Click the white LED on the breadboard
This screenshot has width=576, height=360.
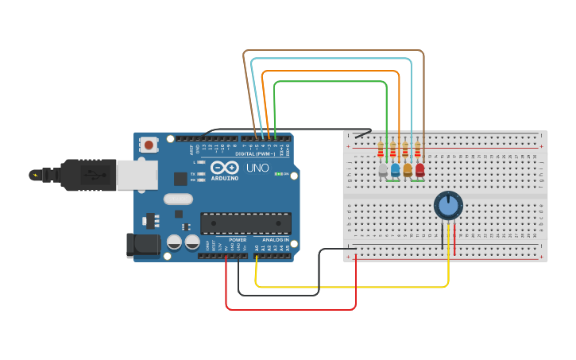[x=383, y=169]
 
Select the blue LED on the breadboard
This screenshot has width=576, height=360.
[x=395, y=169]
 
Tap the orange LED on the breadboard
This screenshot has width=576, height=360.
[x=408, y=169]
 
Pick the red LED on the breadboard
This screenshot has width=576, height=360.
[x=419, y=169]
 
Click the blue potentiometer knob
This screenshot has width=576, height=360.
[x=448, y=205]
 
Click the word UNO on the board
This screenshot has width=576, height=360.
[x=257, y=168]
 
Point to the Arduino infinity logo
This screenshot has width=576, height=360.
[x=225, y=168]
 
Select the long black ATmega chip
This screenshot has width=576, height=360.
[x=245, y=223]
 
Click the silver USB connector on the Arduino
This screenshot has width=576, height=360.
[x=137, y=175]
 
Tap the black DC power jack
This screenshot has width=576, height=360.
[x=143, y=244]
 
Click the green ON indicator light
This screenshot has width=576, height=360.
[x=277, y=173]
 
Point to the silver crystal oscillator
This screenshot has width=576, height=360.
[x=178, y=199]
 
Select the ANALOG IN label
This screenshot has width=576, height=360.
[x=276, y=239]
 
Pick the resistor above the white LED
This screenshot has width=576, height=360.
[x=381, y=150]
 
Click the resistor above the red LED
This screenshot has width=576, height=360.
[x=417, y=150]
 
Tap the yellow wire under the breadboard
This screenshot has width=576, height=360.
[x=350, y=286]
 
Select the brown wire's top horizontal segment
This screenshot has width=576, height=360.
[x=334, y=51]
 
